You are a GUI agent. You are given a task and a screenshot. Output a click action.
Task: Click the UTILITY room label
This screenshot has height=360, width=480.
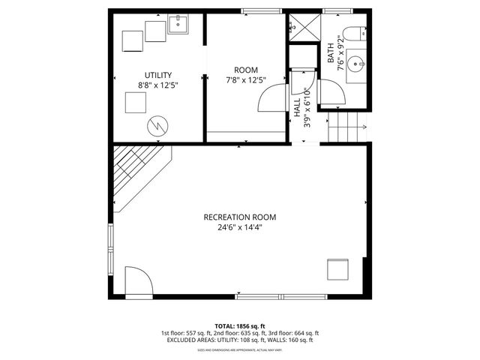point(158,75)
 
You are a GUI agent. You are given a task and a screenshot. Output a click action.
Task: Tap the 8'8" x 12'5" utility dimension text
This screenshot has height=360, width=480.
point(158,85)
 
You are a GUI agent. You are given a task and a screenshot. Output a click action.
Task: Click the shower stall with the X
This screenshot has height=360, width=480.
point(304,27)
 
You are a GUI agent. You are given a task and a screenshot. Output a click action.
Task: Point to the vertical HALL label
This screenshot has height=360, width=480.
point(297,106)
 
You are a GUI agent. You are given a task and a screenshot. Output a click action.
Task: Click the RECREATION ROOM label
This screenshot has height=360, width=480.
point(239,217)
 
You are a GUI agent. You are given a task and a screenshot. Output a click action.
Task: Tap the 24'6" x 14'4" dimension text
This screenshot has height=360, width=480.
point(239,228)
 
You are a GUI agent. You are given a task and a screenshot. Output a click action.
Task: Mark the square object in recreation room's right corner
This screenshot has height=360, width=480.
point(337,269)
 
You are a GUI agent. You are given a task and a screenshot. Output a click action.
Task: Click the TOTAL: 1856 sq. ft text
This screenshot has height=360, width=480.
point(239,326)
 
